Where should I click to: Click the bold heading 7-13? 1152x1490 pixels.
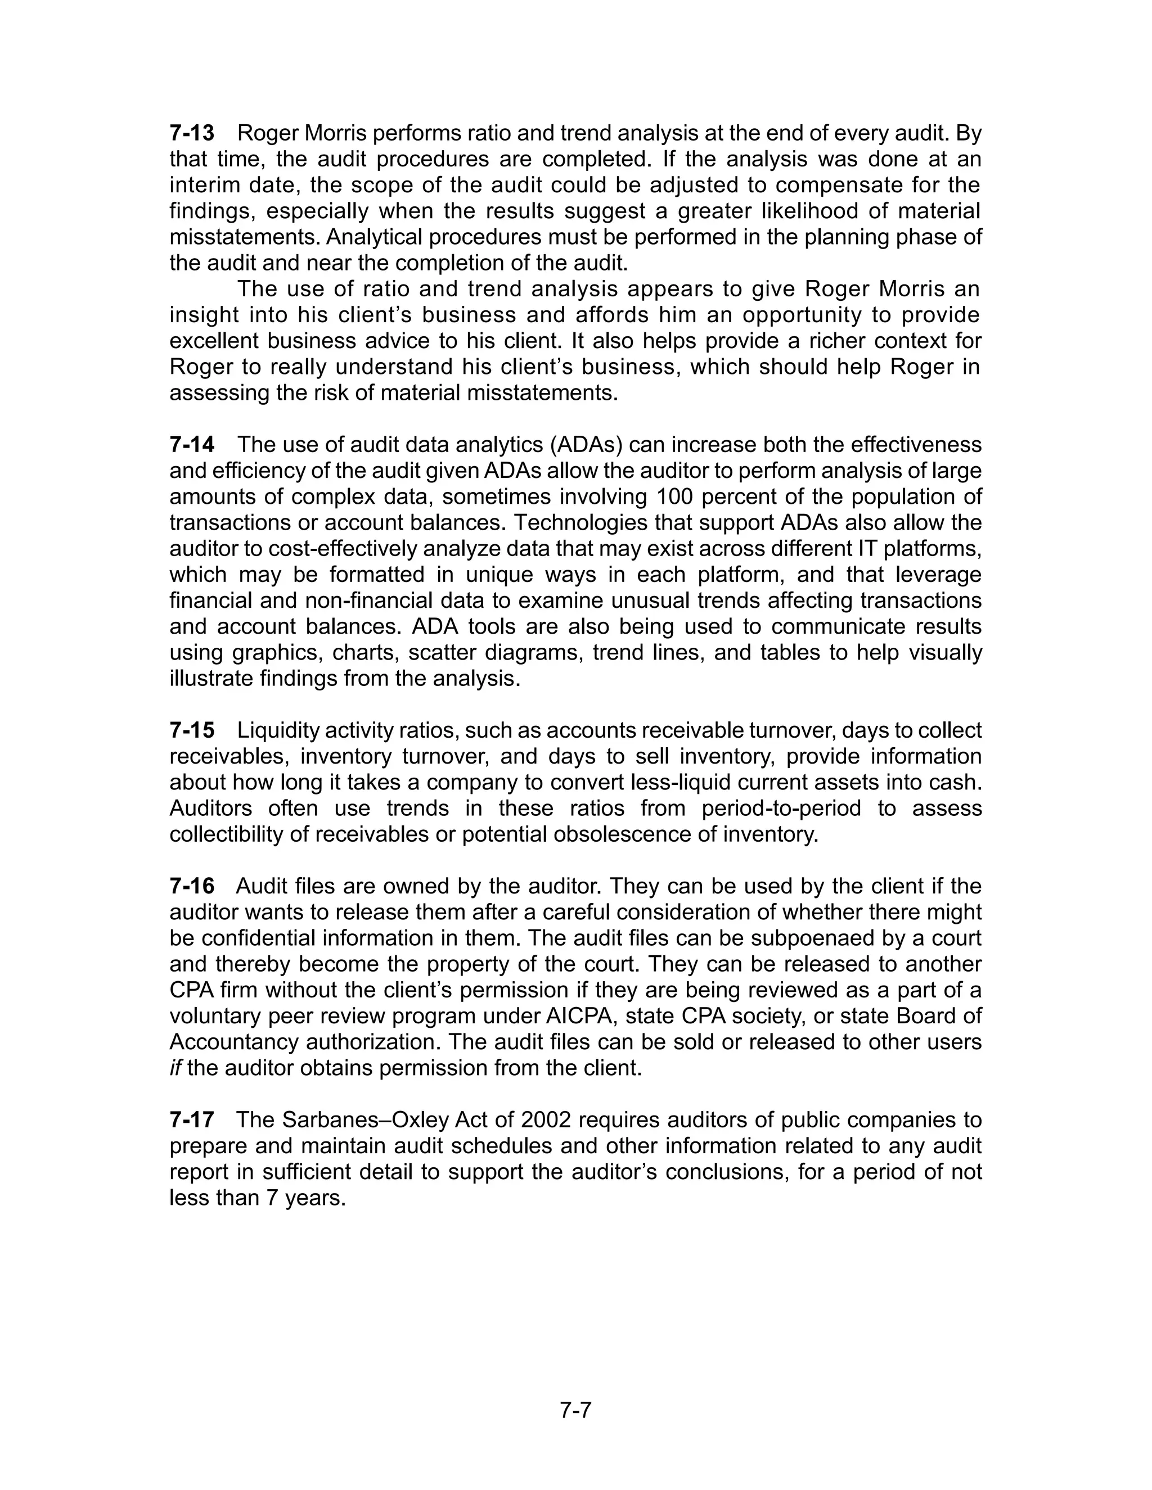[192, 133]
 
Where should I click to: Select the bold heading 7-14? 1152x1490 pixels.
[192, 445]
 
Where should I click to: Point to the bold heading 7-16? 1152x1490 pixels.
[192, 887]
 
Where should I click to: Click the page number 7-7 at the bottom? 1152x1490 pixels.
[575, 1410]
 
